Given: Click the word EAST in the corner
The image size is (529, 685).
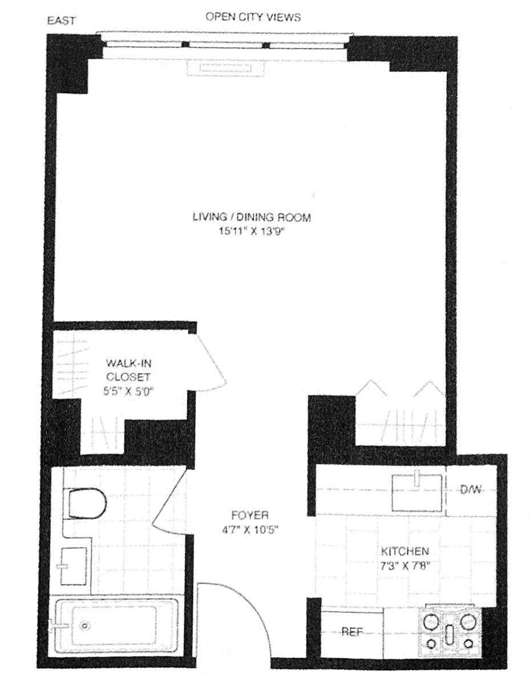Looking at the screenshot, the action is point(61,21).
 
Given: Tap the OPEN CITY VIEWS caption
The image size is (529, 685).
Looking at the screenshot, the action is point(253,17).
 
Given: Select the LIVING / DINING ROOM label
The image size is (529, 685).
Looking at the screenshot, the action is point(252,217).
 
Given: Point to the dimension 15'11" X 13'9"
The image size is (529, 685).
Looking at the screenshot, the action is point(252,231).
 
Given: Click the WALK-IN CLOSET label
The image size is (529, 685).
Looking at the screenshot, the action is point(128,370).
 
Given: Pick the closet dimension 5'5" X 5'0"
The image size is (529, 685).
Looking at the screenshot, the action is point(128,391).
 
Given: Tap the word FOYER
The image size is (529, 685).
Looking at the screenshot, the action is point(250,515).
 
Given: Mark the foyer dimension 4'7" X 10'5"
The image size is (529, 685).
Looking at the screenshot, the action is point(251,530).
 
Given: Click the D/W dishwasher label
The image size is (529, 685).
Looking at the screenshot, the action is point(471,490).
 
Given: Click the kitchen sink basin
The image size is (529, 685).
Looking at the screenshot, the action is point(417,493).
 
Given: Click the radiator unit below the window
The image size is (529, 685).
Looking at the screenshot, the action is point(225,68).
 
